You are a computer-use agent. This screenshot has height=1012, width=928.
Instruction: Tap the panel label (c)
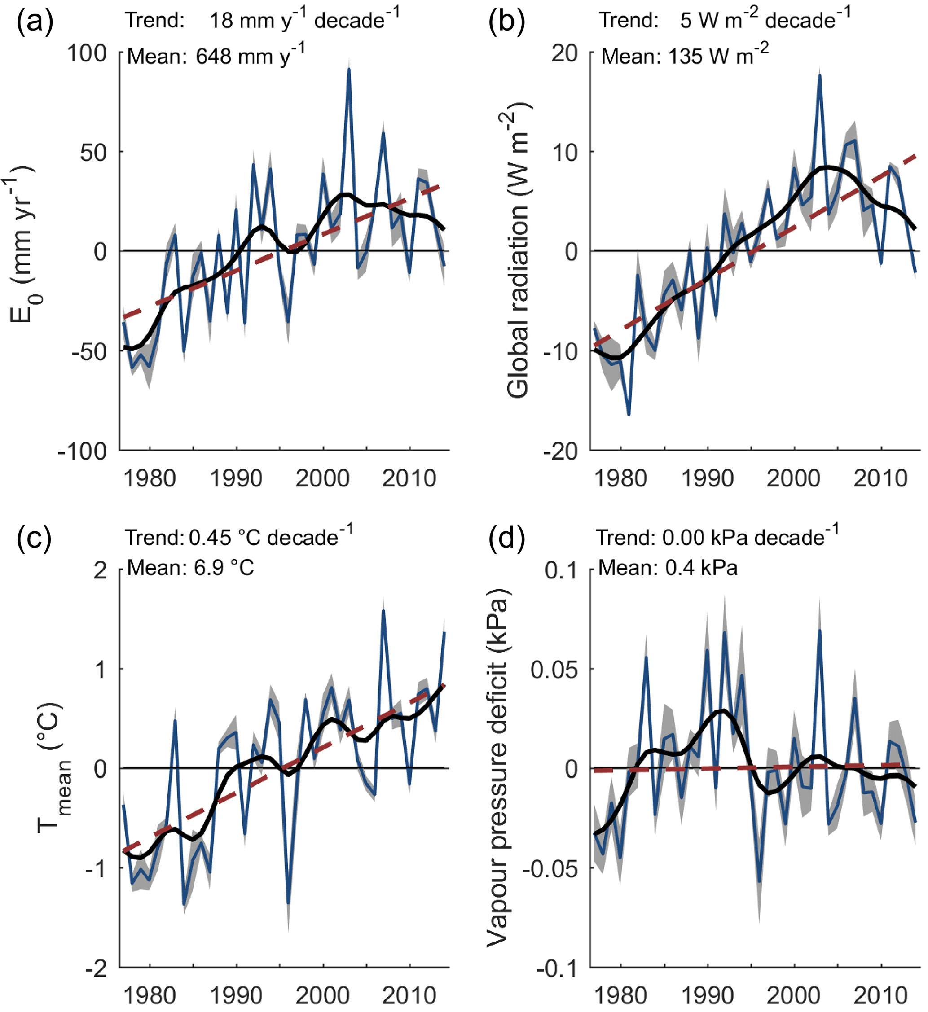point(34,539)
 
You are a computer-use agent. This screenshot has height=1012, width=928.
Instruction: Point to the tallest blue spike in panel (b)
point(819,76)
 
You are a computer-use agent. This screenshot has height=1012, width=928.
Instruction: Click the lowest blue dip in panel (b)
point(629,415)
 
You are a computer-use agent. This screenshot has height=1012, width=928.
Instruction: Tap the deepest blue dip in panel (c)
point(288,903)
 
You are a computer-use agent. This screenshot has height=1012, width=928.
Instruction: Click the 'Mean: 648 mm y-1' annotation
point(216,55)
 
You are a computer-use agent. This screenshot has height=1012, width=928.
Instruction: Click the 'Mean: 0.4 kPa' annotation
point(667,568)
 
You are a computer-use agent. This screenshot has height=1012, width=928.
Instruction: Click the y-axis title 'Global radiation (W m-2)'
point(518,251)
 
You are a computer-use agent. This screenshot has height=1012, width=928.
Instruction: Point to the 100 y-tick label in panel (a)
point(88,53)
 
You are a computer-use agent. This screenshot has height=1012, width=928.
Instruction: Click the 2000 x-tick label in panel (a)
point(322,478)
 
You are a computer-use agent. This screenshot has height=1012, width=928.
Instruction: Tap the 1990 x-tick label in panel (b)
point(707,478)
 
